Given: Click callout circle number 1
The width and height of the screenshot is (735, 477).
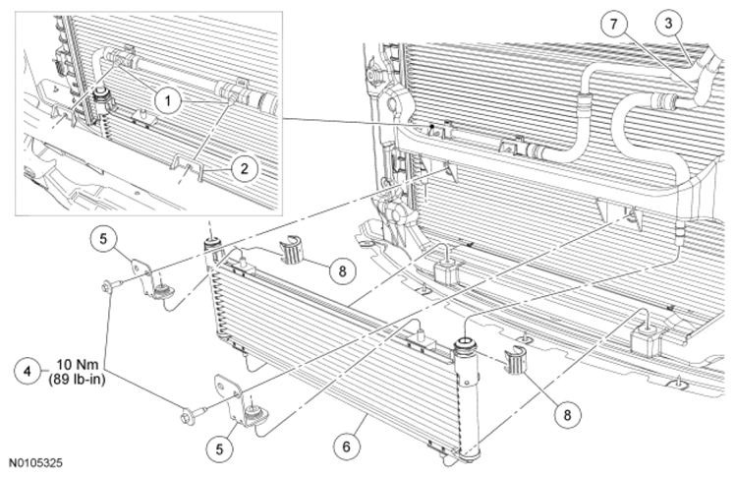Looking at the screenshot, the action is pyautogui.click(x=167, y=100).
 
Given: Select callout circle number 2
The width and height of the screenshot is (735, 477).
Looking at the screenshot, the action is pyautogui.click(x=245, y=168).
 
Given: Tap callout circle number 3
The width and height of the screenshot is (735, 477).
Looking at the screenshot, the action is pyautogui.click(x=668, y=24).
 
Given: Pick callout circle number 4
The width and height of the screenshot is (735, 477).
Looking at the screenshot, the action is pyautogui.click(x=28, y=371).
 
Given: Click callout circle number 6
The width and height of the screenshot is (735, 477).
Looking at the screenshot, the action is pyautogui.click(x=346, y=447).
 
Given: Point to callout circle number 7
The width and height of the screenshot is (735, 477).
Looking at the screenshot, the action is pyautogui.click(x=614, y=24).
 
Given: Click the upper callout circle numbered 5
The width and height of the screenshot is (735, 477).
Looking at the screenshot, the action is pyautogui.click(x=102, y=238).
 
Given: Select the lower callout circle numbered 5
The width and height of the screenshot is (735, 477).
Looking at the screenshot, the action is pyautogui.click(x=219, y=448).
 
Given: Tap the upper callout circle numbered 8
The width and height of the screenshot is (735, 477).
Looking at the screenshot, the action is pyautogui.click(x=342, y=270).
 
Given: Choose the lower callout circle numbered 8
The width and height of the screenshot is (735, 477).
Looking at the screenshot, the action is pyautogui.click(x=567, y=415).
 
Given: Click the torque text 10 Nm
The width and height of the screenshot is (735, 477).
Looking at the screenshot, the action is pyautogui.click(x=78, y=365).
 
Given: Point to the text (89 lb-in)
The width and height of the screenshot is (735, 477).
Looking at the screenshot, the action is pyautogui.click(x=77, y=380).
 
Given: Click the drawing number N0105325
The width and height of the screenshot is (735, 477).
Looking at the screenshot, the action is pyautogui.click(x=36, y=463).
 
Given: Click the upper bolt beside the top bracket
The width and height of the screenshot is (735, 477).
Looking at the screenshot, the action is pyautogui.click(x=112, y=284).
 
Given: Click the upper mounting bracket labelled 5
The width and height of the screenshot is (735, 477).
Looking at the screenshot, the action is pyautogui.click(x=151, y=280).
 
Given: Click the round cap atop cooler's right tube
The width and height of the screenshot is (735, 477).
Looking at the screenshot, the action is pyautogui.click(x=467, y=345).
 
